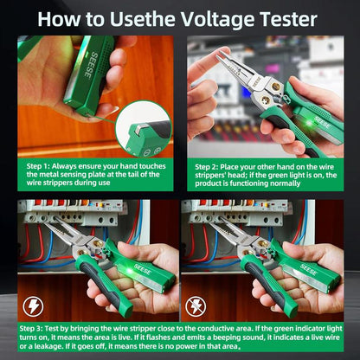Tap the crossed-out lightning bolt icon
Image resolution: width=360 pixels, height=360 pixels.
(197, 306)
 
